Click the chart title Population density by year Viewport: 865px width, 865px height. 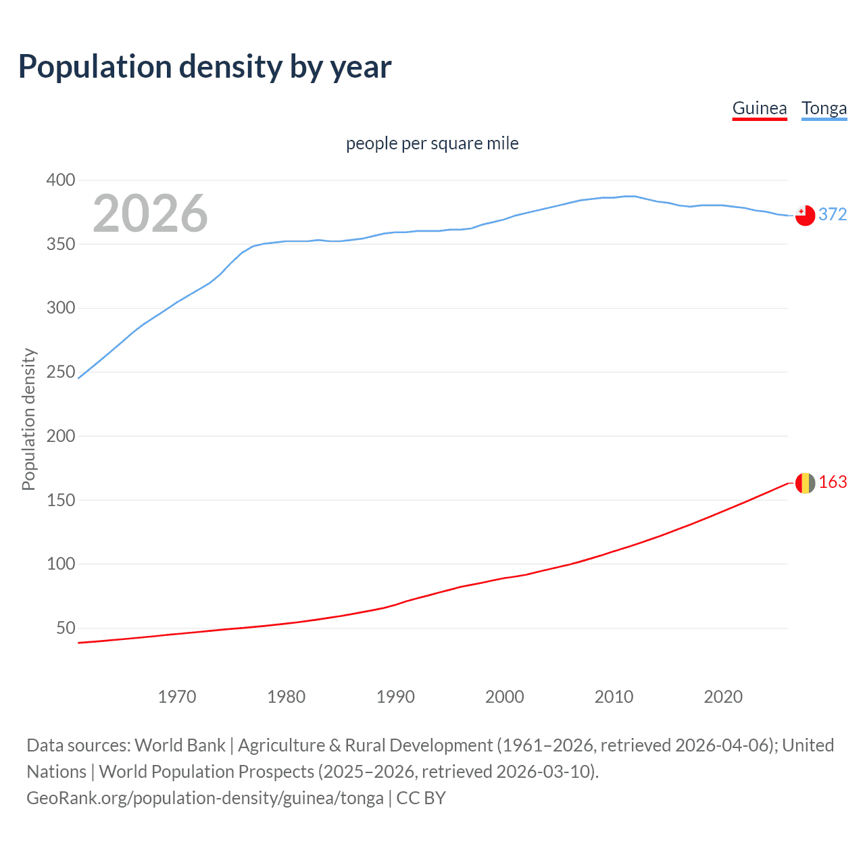coord(205,67)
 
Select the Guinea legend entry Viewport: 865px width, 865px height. coord(760,108)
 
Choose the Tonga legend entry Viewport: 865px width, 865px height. coord(824,108)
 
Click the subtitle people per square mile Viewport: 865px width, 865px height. coord(432,143)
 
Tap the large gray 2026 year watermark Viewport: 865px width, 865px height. coord(150,214)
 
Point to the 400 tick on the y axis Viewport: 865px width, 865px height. coord(61,180)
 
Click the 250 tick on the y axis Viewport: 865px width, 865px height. coord(61,372)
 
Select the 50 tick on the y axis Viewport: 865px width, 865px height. coord(66,628)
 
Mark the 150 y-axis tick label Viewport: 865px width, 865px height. coord(61,500)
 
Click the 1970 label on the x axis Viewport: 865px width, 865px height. coord(177,697)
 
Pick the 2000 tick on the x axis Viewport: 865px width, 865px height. coord(505,697)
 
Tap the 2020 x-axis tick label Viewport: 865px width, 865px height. coord(723,697)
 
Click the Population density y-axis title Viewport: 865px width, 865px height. coord(28,419)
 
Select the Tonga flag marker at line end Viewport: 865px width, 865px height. coord(805,216)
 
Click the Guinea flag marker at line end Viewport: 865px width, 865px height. coord(805,483)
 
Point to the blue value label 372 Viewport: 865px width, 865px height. coord(833,214)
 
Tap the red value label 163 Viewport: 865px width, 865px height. coord(833,482)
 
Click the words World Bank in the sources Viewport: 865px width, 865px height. coord(180,745)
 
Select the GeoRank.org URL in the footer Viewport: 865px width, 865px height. coord(205,798)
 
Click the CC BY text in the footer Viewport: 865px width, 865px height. coord(421,798)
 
